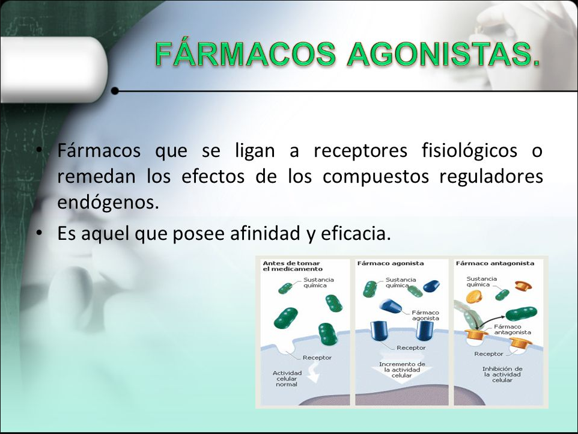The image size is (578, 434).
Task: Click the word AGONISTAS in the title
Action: coord(443,54)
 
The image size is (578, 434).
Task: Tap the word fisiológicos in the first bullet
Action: coord(469,151)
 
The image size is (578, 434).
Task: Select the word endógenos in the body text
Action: coord(108,202)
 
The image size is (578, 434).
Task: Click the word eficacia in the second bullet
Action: coord(356,233)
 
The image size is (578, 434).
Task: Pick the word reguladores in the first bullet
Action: coord(491,177)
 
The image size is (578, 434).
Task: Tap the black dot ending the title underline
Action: coord(115,91)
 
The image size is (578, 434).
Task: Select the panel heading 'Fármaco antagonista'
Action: coord(494,263)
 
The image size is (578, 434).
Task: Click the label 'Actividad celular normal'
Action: coord(287,379)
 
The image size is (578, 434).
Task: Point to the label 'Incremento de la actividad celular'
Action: coord(402,370)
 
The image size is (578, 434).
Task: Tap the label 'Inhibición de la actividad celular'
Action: coord(502,374)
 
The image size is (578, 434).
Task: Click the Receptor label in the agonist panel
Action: coord(411,347)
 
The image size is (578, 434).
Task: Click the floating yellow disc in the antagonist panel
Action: coord(474,296)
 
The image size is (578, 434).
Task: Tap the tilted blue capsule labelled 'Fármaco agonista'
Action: coord(391,306)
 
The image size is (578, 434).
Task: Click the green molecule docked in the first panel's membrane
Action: coord(327,334)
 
